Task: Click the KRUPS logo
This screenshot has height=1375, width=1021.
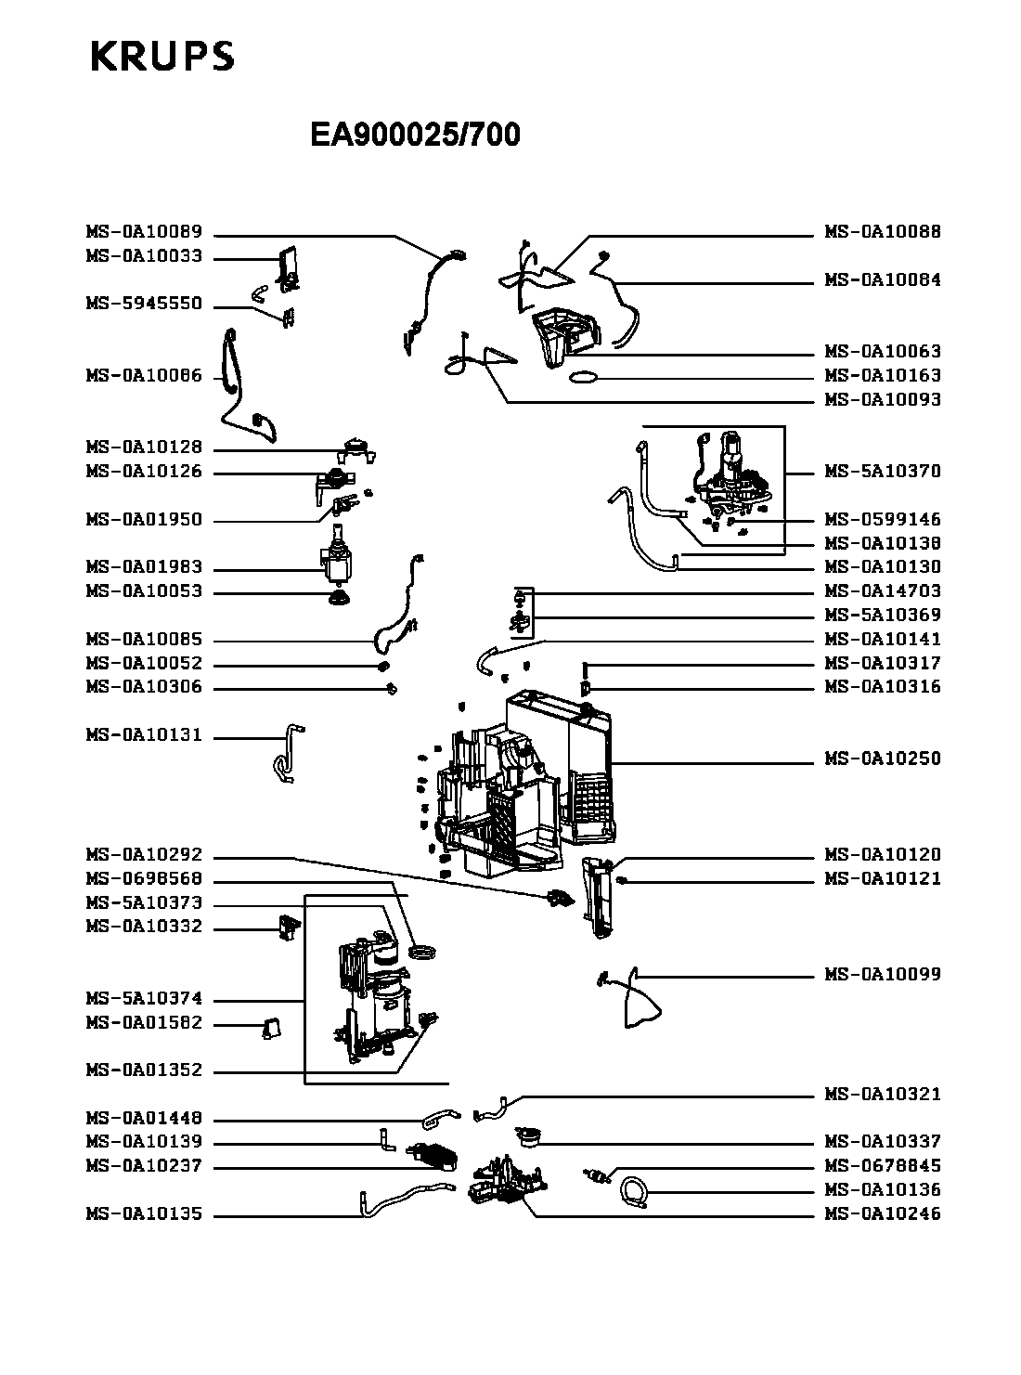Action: coord(162,57)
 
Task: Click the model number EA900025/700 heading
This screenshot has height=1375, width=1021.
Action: coord(415,136)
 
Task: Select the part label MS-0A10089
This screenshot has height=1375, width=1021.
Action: coord(144,232)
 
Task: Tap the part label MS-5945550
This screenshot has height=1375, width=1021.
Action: coord(144,305)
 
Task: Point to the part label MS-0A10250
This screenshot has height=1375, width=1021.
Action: coord(883,759)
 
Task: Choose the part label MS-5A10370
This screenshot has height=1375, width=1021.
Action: coord(883,471)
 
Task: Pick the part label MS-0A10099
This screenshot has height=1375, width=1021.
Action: coord(883,974)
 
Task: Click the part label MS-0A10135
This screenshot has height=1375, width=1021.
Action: coord(144,1214)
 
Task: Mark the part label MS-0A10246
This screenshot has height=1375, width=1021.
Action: coord(883,1213)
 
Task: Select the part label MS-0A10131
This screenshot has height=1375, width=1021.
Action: coord(144,735)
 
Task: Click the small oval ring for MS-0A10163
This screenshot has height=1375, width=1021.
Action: coord(583,377)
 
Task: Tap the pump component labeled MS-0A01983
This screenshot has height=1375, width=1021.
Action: coord(338,557)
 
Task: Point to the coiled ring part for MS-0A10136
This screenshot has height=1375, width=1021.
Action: coord(634,1190)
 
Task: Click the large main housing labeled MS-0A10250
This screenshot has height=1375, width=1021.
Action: coord(520,780)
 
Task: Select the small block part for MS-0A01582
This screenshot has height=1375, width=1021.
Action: coord(272,1026)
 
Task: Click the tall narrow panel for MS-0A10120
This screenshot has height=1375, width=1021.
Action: coord(599,896)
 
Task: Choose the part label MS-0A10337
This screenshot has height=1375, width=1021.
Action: coord(883,1142)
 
